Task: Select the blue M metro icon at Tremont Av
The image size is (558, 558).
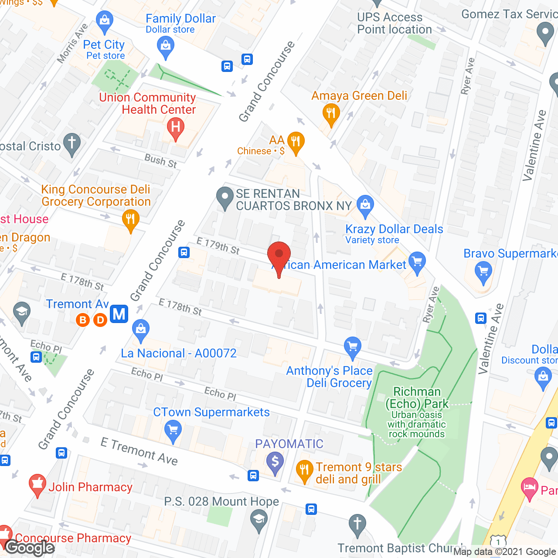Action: [x=119, y=314]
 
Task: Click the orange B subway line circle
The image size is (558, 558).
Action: [x=83, y=320]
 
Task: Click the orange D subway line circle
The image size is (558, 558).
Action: [x=101, y=320]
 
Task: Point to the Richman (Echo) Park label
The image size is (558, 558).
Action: [x=417, y=398]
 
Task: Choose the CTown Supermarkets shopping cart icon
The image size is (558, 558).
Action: [x=173, y=431]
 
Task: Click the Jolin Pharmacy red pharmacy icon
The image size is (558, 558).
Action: [x=37, y=484]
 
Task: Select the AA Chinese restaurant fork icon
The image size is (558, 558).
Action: [x=296, y=142]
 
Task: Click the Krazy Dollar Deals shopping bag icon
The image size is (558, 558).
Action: [x=365, y=205]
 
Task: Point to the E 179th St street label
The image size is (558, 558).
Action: [x=218, y=245]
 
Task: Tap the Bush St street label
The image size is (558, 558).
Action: [x=161, y=161]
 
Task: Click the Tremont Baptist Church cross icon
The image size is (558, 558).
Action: [x=357, y=524]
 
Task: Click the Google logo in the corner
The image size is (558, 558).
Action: [x=30, y=548]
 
